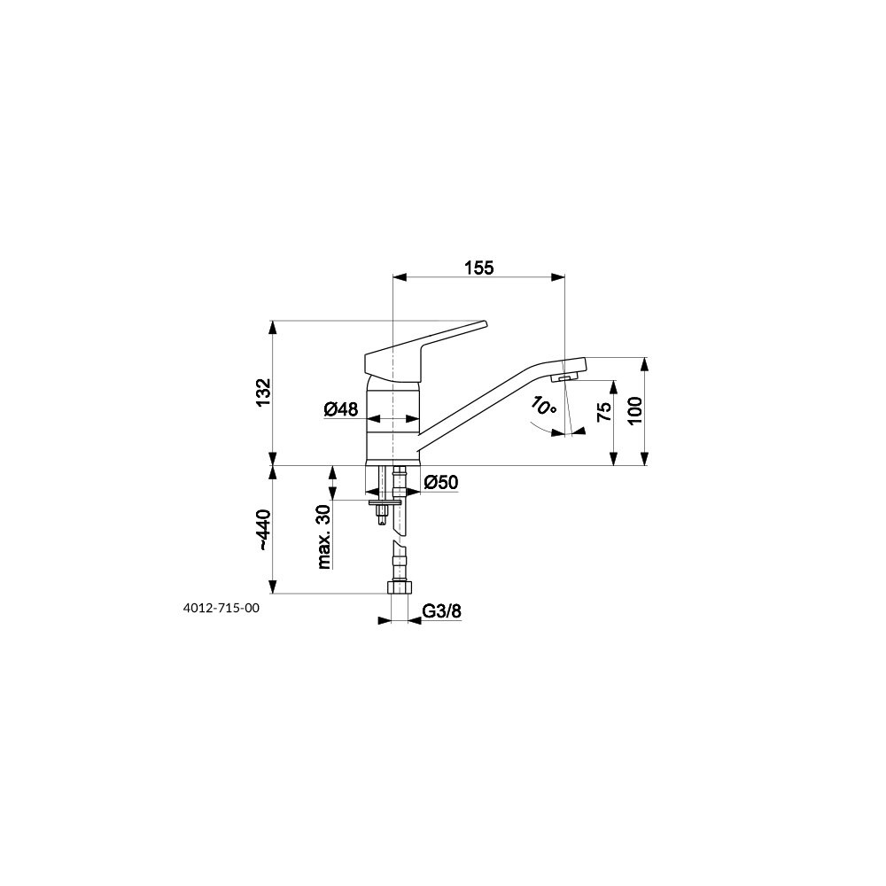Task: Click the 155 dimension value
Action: point(479,268)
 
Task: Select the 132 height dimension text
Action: point(263,392)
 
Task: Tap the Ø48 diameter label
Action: point(341,409)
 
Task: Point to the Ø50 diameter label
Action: point(440,483)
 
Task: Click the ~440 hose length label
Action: point(263,530)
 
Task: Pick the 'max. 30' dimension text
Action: point(323,536)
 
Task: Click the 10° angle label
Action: point(543,406)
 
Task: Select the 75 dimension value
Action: point(604,412)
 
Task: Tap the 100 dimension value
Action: point(634,411)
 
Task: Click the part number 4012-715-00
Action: point(221,608)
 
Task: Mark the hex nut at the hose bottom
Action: point(399,587)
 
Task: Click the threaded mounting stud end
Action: point(384,516)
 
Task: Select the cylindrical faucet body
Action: point(392,420)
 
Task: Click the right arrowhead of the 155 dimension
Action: point(558,276)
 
